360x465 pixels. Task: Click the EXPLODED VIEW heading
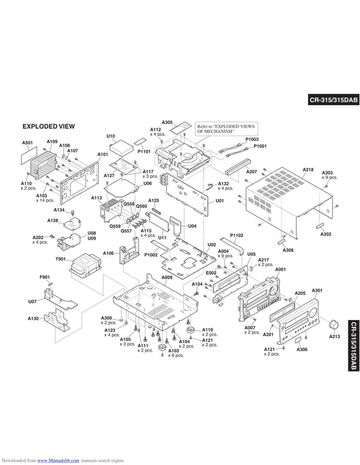click(49, 126)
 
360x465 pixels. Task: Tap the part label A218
click(308, 169)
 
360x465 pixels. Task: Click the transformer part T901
click(86, 264)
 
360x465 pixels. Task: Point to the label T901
click(61, 259)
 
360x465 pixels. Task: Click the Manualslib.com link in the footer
click(58, 460)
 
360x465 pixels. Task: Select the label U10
click(111, 136)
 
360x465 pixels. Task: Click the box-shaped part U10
click(122, 148)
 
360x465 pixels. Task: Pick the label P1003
click(252, 139)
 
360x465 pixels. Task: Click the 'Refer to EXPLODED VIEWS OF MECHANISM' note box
click(226, 129)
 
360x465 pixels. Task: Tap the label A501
click(28, 142)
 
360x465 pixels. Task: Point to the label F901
click(45, 277)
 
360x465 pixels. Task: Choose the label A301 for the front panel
click(317, 290)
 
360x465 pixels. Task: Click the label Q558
click(129, 204)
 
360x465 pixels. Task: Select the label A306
click(302, 350)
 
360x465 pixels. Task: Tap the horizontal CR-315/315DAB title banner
click(334, 100)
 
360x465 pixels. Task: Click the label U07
click(32, 302)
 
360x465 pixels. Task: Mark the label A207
click(252, 171)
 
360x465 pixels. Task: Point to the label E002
click(211, 273)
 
